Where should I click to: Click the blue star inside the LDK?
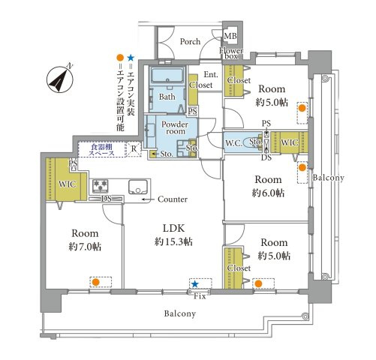(x=195, y=283)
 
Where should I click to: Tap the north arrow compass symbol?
(x=60, y=79)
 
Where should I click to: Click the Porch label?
(x=190, y=41)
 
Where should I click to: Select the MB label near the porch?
(x=230, y=36)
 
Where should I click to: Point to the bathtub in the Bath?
(x=167, y=74)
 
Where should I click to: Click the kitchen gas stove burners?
(x=101, y=186)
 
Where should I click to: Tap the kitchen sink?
(x=138, y=187)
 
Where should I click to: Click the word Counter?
(x=173, y=199)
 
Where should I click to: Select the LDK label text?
(x=174, y=228)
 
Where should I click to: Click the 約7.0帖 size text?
(x=85, y=247)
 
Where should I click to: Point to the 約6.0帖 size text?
(x=268, y=193)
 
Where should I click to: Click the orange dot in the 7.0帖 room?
(x=95, y=283)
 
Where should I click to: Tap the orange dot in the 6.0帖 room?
(x=302, y=167)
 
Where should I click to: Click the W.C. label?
(x=233, y=143)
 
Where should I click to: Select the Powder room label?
(x=175, y=127)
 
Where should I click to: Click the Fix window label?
(x=200, y=296)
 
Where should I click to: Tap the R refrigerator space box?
(x=134, y=149)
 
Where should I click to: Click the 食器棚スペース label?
(x=102, y=150)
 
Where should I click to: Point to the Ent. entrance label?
(x=211, y=74)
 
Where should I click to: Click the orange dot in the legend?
(x=120, y=58)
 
